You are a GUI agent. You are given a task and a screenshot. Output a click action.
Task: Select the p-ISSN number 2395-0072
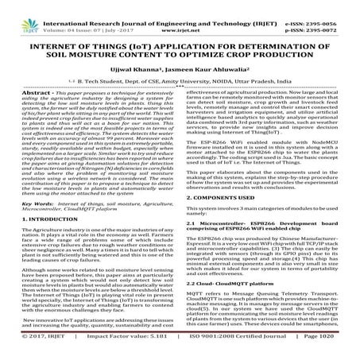coord(334,14)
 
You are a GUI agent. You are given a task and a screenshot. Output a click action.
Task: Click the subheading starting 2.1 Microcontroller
coord(262,207)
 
